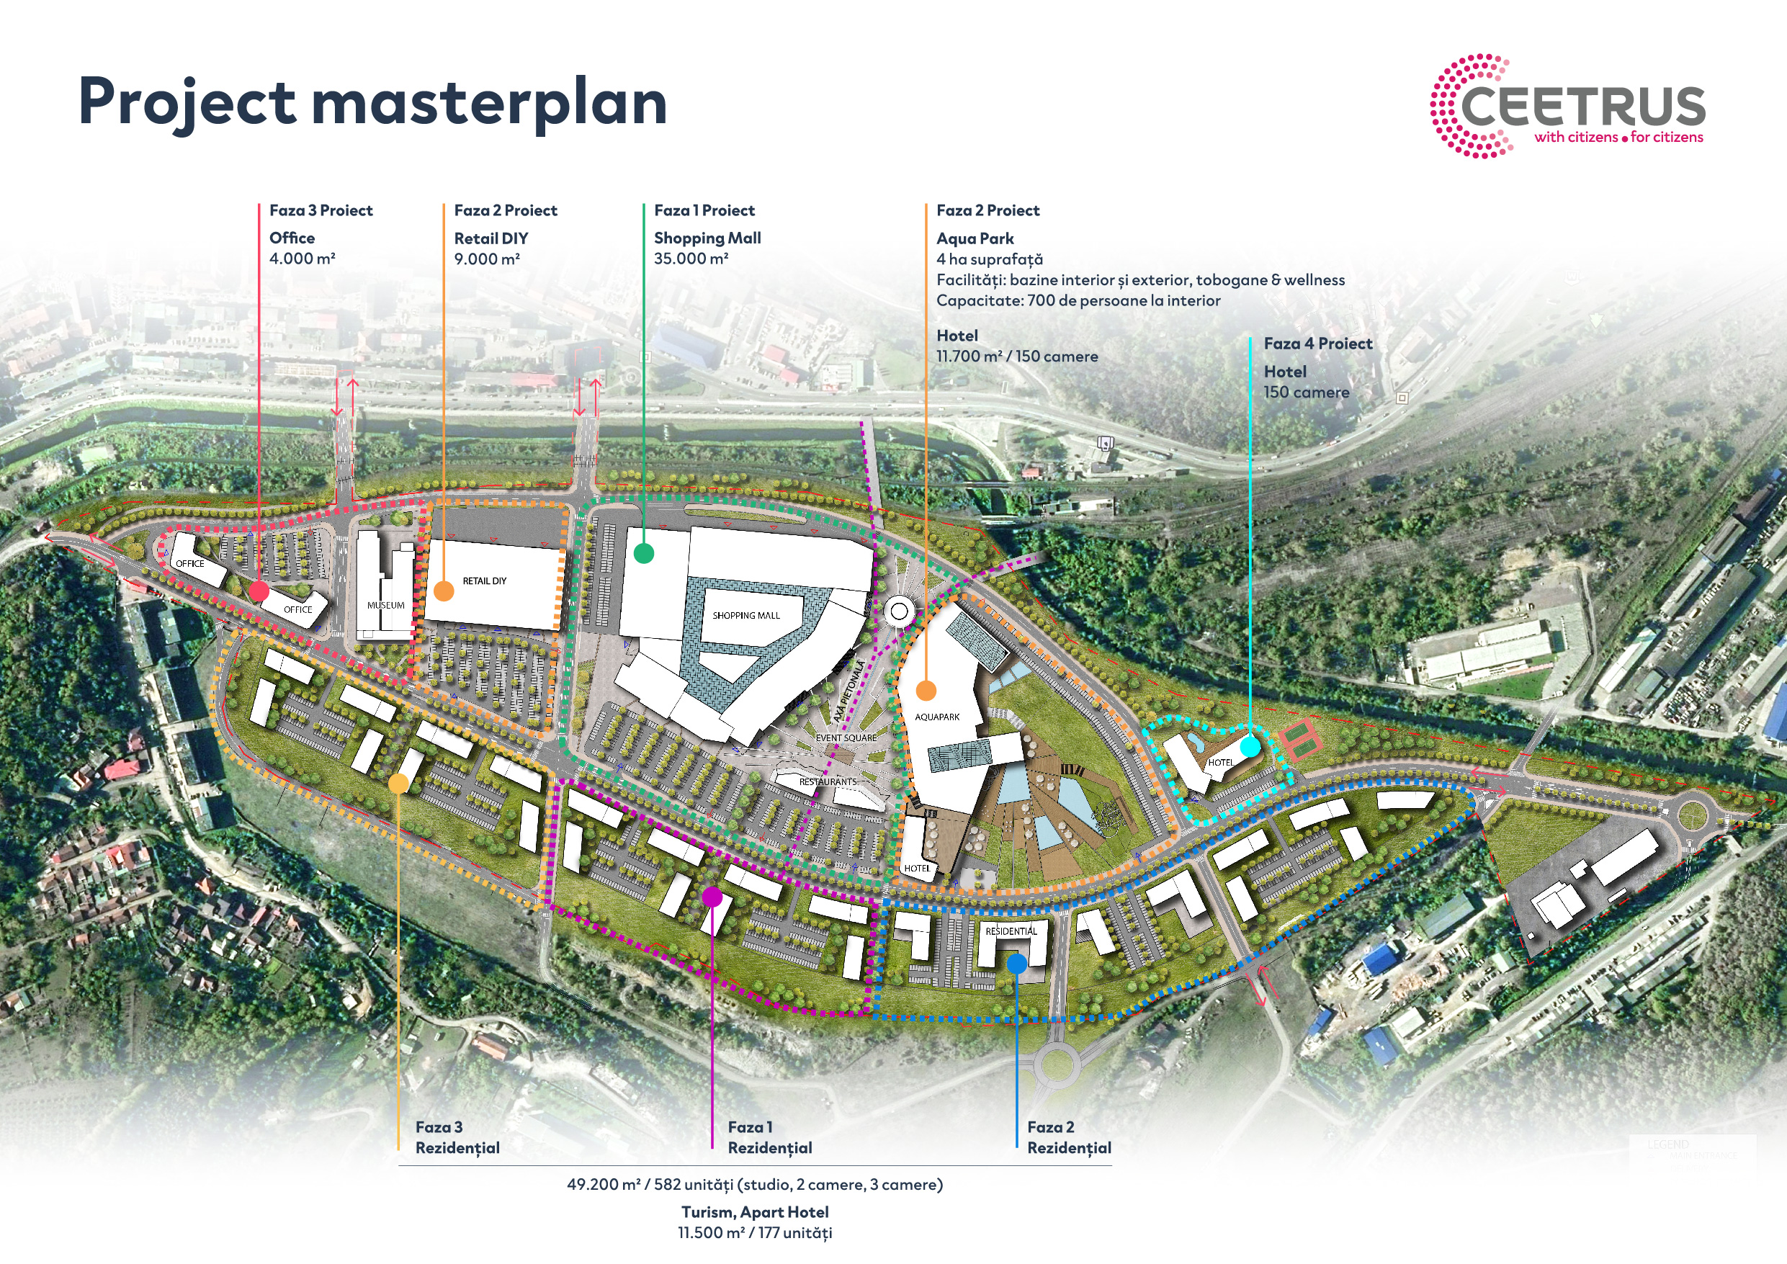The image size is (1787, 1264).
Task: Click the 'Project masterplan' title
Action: [373, 103]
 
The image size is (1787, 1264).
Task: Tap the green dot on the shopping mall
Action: [644, 553]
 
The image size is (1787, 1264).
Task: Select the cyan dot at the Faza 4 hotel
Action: [1250, 746]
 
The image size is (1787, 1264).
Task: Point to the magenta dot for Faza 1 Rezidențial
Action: [712, 897]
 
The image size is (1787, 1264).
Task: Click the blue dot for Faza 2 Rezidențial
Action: [1016, 964]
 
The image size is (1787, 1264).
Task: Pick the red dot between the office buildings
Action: [259, 591]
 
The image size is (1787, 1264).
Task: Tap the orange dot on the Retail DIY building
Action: [444, 591]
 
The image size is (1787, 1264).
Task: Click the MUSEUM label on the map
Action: [386, 606]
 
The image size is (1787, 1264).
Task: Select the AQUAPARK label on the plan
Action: [937, 717]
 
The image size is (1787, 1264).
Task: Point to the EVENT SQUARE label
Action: [846, 738]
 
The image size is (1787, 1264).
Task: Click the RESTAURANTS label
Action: [828, 781]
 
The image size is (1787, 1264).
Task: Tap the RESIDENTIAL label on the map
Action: [1011, 931]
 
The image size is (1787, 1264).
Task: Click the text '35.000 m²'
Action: [691, 259]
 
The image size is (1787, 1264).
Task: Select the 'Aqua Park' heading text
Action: [975, 239]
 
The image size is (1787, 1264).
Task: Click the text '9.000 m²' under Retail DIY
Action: [487, 259]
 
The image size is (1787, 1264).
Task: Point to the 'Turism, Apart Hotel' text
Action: [755, 1212]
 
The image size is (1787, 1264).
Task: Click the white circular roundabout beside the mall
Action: [899, 611]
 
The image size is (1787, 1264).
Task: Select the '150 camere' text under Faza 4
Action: [1306, 393]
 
